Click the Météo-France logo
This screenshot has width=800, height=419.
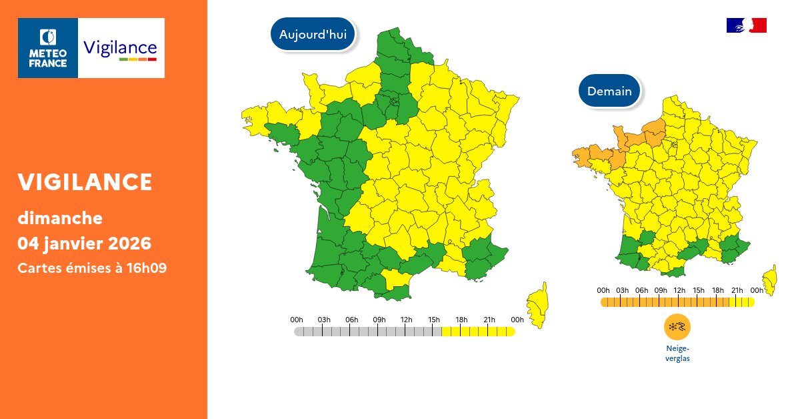48,48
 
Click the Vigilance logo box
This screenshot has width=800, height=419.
121,48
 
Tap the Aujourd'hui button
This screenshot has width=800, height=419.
313,35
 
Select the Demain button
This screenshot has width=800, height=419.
609,91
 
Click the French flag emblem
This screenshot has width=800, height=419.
746,25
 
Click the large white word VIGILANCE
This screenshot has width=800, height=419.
85,181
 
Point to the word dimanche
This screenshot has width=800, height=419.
60,218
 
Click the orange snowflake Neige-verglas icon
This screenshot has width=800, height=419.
677,327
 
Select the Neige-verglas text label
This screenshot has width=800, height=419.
677,353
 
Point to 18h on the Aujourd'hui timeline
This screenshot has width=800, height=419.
461,320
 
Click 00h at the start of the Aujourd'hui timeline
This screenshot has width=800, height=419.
297,320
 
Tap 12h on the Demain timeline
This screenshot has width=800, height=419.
679,290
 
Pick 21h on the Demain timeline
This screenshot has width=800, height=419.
737,290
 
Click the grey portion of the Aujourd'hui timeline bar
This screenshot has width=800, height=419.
367,332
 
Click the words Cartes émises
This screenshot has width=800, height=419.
59,268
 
